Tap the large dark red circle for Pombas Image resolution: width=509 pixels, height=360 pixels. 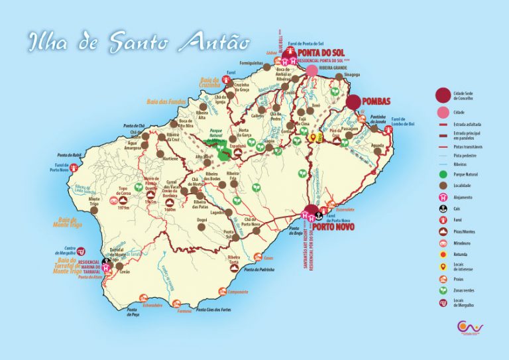[x=353, y=101]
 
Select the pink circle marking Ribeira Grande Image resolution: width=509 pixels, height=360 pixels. [x=311, y=70]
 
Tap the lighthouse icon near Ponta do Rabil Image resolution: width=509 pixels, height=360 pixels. [x=76, y=167]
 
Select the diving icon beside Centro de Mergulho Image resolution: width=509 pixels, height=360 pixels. [x=81, y=251]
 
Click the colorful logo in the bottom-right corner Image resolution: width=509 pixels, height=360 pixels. [x=471, y=328]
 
